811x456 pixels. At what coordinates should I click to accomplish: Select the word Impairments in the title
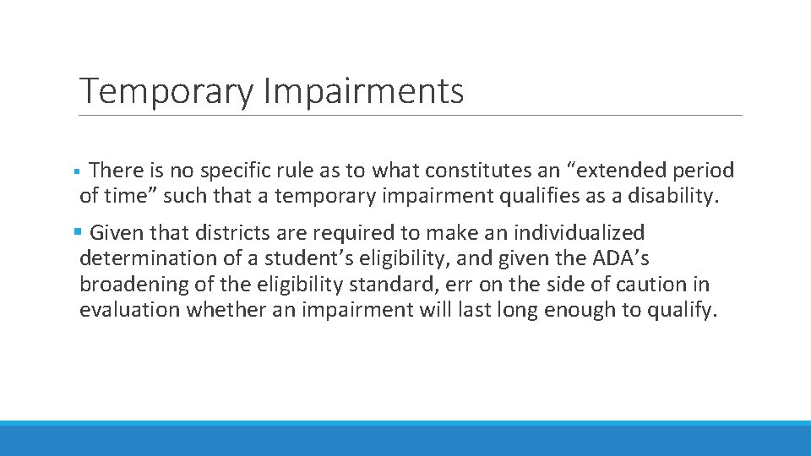click(363, 91)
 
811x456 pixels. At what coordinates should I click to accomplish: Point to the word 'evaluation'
click(130, 311)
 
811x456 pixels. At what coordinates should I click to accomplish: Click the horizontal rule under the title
click(411, 116)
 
